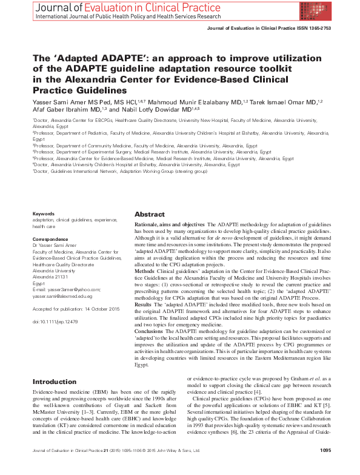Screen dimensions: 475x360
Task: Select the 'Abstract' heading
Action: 149,215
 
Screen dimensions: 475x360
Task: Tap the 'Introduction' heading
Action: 55,382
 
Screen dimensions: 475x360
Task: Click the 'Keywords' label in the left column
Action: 44,214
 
